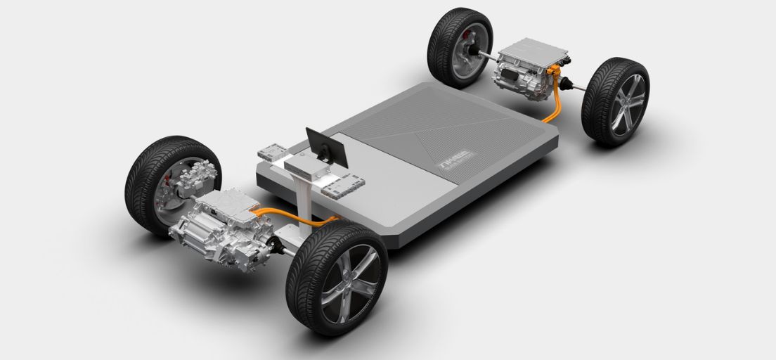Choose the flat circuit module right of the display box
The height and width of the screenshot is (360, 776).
point(342,184)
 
